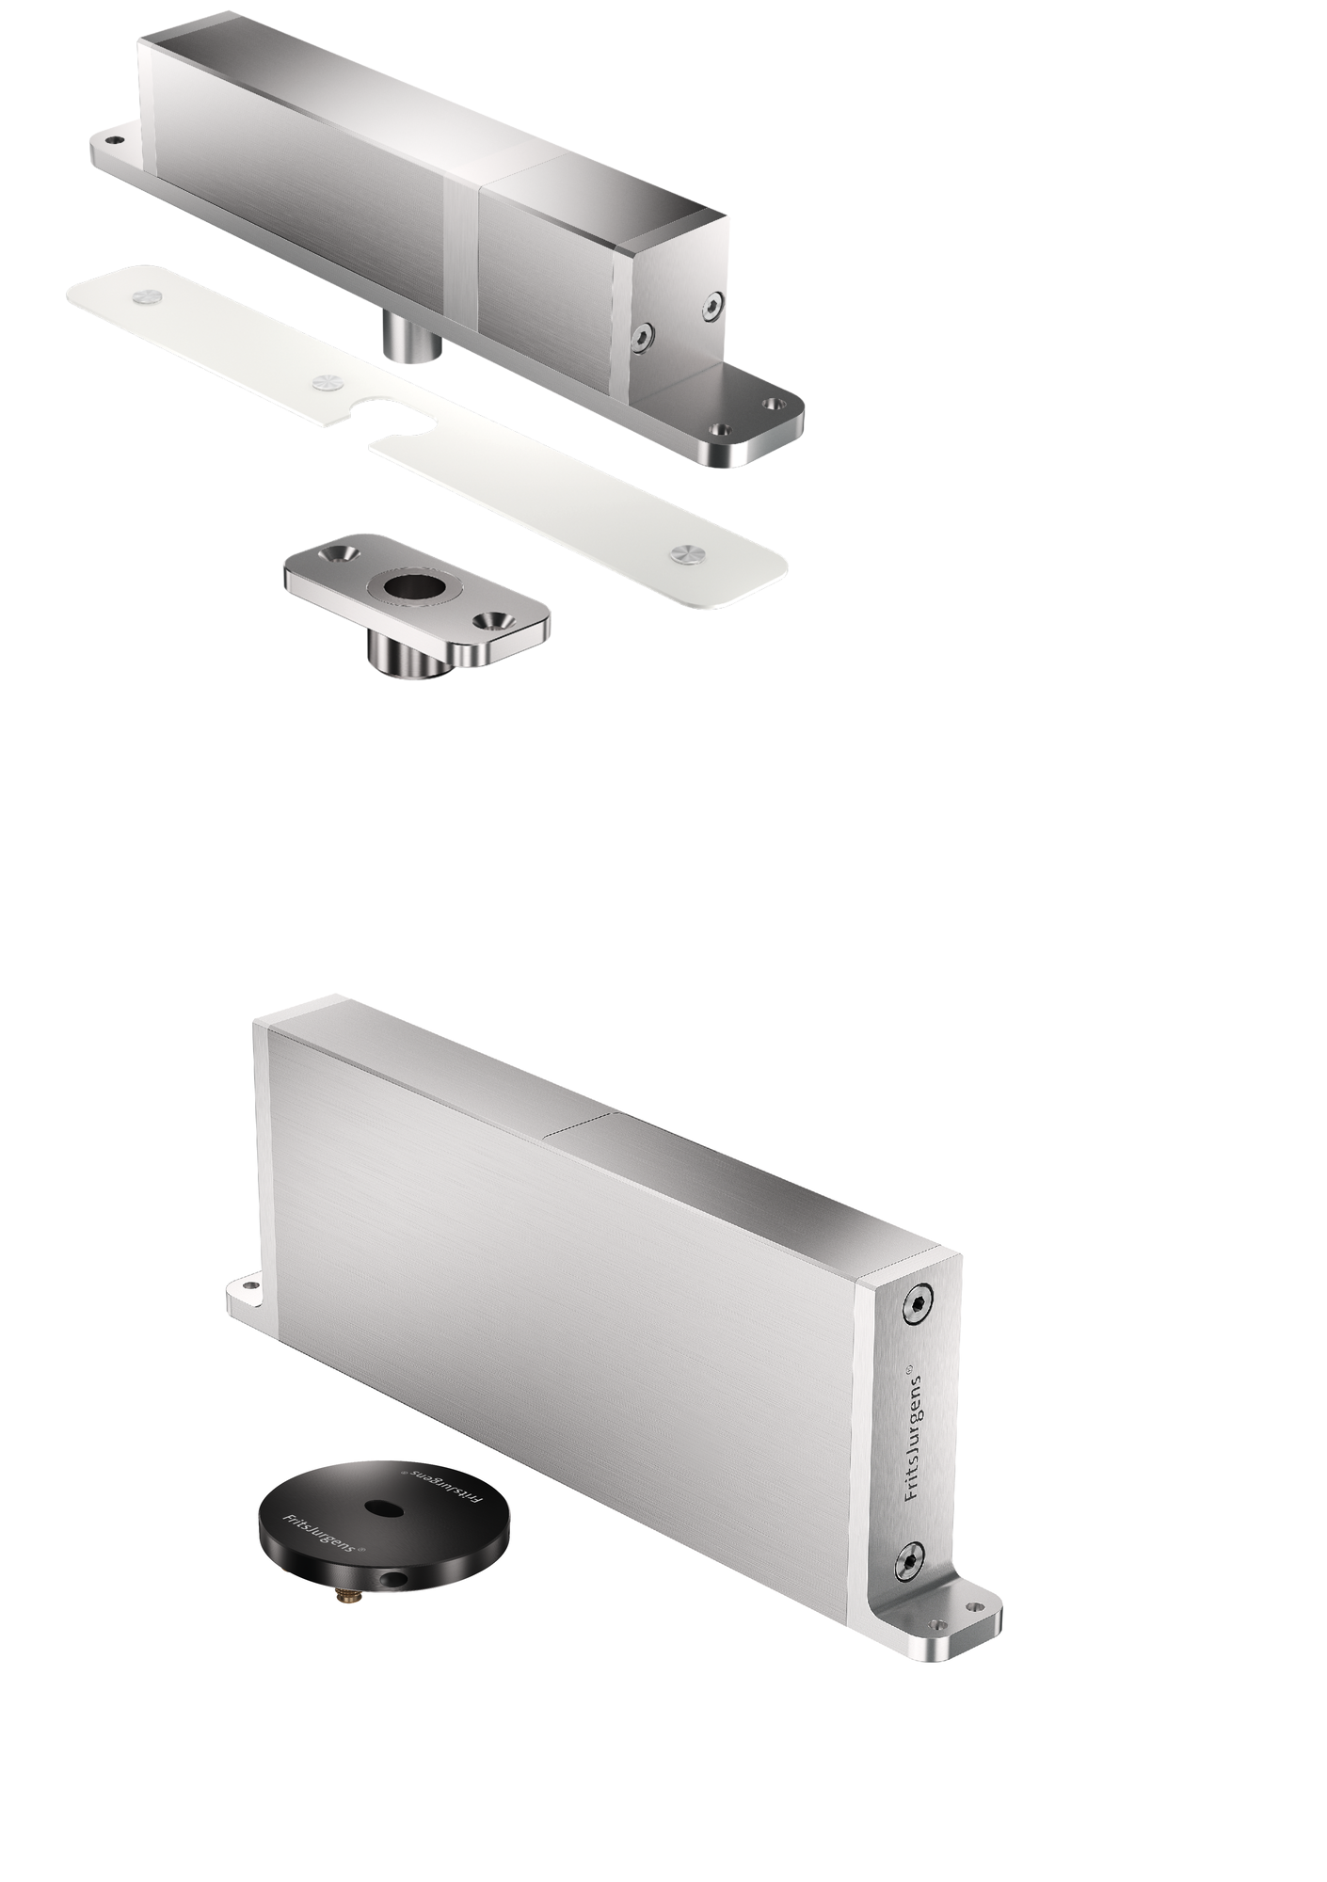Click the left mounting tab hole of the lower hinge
250,1284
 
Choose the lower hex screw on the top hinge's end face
644,336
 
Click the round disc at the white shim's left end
146,295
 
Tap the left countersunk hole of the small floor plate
338,550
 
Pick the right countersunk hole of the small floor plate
489,621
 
